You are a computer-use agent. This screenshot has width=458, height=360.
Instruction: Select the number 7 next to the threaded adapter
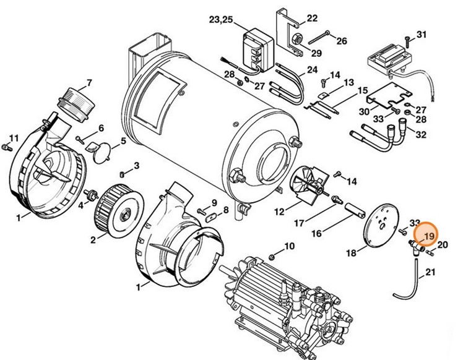coord(89,82)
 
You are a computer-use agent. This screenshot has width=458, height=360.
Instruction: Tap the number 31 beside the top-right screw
coord(421,34)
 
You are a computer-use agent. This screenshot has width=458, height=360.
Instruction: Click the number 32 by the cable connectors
coord(421,134)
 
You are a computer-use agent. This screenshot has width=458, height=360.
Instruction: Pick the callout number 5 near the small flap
coord(123,140)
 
